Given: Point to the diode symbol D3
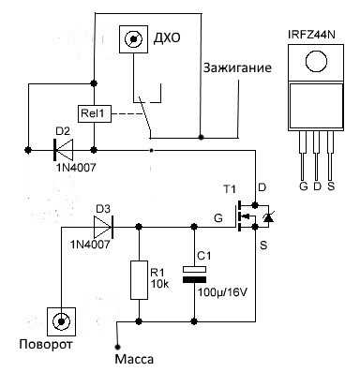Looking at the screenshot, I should tap(102, 226).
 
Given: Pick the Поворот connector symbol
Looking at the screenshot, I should tap(62, 321).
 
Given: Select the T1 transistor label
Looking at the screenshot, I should tap(230, 188).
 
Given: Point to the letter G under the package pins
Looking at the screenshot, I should tap(302, 186).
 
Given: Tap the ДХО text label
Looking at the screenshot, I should tap(166, 38).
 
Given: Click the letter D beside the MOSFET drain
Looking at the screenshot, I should tap(262, 188).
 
